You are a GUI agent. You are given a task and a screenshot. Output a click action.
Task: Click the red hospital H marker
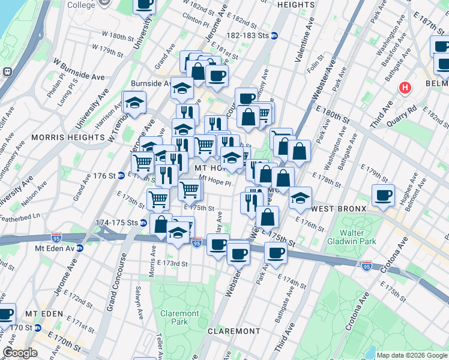point(406,88)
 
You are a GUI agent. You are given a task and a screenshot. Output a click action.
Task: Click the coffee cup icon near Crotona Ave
point(383,195)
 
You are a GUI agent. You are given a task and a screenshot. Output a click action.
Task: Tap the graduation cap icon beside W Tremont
point(134,102)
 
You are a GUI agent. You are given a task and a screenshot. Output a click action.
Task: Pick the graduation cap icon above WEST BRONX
point(300,197)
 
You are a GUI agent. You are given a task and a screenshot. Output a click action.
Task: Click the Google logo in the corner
point(20,353)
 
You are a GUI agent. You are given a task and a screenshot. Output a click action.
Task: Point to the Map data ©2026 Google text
point(411,355)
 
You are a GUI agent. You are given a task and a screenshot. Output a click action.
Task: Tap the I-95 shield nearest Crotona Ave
point(367,264)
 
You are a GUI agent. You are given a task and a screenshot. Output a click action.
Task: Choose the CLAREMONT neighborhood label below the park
point(234,331)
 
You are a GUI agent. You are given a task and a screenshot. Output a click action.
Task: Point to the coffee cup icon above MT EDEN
point(5,314)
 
